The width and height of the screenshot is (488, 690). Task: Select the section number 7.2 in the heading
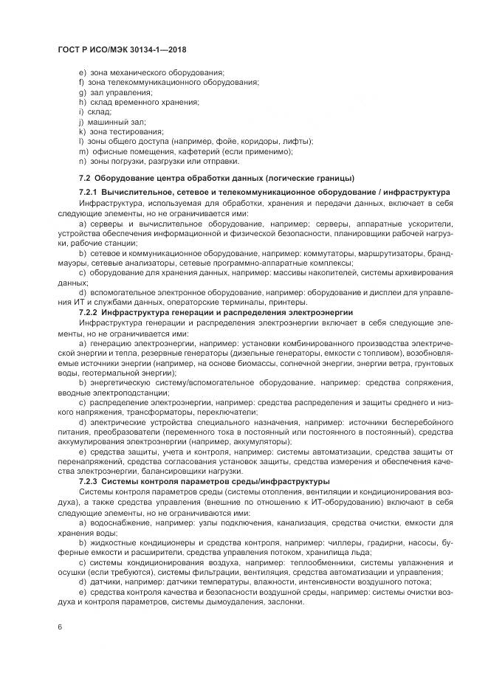pyautogui.click(x=83, y=178)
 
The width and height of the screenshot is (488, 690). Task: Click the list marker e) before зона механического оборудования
pyautogui.click(x=82, y=73)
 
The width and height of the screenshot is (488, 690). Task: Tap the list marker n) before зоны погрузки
pyautogui.click(x=82, y=160)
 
